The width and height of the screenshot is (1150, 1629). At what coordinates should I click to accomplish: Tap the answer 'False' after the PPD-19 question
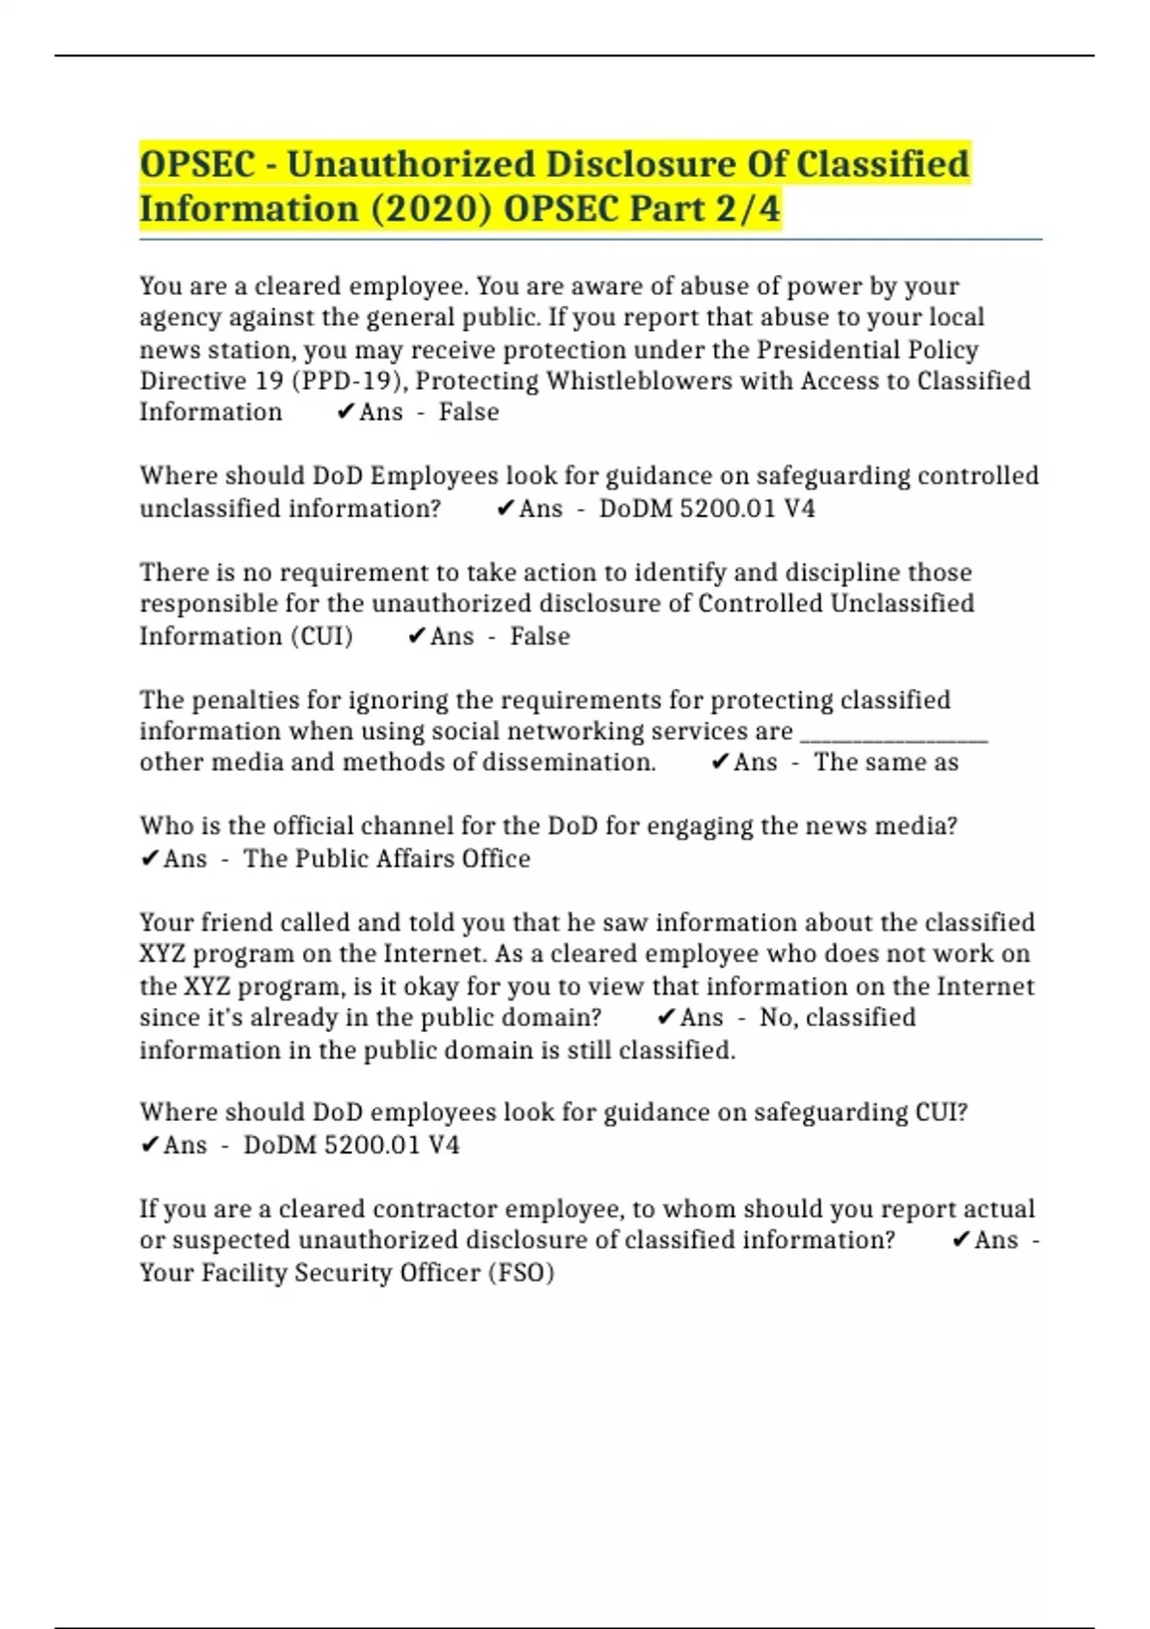click(x=469, y=412)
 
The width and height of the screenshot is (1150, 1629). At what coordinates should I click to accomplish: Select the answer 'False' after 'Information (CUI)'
click(x=540, y=636)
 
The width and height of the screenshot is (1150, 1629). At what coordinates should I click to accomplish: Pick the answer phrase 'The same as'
click(x=885, y=763)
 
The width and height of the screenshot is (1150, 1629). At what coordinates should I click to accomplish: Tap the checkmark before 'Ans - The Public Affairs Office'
click(x=149, y=859)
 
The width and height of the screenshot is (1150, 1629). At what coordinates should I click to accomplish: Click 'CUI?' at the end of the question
click(x=941, y=1113)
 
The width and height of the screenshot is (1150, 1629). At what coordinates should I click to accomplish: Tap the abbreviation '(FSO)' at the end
click(x=521, y=1273)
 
